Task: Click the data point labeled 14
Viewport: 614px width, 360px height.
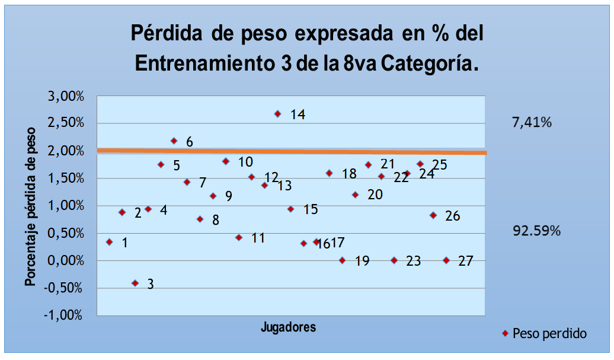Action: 277,114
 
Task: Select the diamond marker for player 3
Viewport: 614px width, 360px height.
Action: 135,283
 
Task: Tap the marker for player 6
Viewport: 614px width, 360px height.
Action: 174,141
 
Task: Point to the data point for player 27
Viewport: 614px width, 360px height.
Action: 446,260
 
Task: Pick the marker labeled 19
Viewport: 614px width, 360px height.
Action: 343,260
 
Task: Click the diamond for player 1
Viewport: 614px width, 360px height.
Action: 109,242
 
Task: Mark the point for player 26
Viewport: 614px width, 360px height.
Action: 433,215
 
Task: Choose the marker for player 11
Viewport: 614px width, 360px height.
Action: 239,237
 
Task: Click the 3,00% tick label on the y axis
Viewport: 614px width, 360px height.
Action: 64,96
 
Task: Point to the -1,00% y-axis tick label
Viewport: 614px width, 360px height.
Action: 62,316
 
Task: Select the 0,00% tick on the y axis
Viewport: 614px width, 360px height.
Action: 64,261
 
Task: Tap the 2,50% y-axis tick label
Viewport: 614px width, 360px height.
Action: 64,123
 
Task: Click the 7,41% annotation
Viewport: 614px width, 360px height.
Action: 532,123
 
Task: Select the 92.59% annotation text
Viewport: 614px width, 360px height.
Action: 536,231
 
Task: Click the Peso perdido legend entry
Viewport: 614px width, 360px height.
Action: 549,333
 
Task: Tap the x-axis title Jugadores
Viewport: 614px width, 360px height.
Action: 288,327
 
